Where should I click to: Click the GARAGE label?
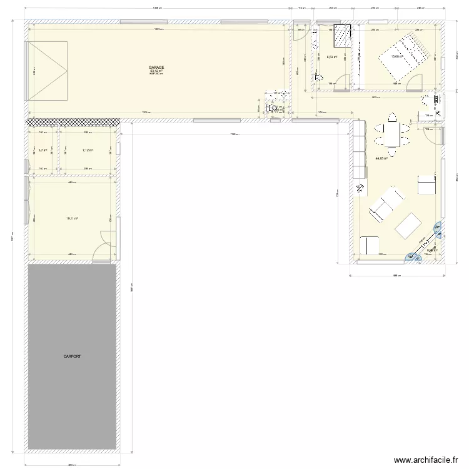pos(156,67)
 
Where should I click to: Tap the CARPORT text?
pos(72,356)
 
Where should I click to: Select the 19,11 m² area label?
pos(72,218)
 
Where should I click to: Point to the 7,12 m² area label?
pos(88,150)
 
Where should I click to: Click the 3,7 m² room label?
pos(43,150)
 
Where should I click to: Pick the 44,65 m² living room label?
pos(381,159)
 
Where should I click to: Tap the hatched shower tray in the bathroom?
pos(341,36)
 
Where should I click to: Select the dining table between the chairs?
pos(392,133)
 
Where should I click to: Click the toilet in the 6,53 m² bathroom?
pos(318,79)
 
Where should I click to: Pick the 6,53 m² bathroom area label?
pos(332,58)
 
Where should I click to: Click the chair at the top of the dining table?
pos(392,116)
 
